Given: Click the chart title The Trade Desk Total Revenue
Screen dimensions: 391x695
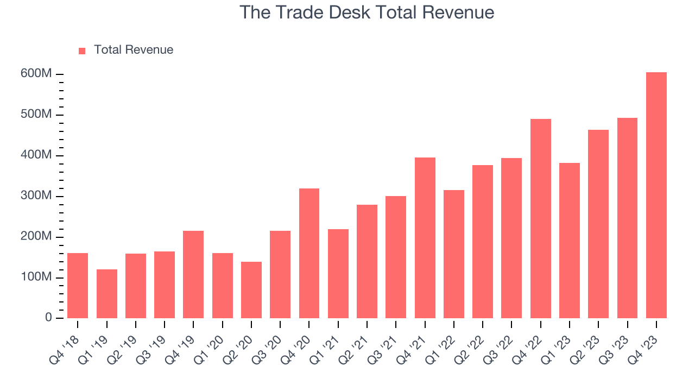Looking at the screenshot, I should [367, 12].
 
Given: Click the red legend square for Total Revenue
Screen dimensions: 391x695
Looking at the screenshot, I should [82, 51].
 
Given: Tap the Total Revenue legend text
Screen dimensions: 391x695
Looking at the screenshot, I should [134, 50].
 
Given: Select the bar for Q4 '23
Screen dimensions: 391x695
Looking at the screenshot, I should [656, 195].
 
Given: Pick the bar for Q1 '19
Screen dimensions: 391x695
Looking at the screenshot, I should [107, 294].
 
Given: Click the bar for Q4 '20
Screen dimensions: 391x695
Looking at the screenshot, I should [309, 253].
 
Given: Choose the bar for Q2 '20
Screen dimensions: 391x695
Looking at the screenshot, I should [251, 290].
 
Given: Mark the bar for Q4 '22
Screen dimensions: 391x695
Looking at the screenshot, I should [541, 218].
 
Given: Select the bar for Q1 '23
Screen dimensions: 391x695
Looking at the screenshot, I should [570, 241].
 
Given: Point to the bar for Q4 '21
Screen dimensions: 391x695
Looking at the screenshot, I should [425, 238].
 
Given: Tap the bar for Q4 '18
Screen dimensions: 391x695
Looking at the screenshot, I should [78, 286].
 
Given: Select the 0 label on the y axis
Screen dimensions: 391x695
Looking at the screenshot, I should [48, 318].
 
